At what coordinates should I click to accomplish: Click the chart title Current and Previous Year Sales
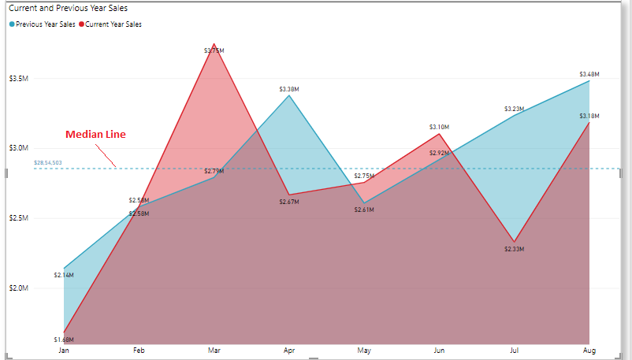(69, 8)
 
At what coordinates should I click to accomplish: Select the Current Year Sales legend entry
(113, 24)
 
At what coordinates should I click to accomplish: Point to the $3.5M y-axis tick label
(19, 79)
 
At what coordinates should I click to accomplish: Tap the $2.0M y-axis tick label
(19, 288)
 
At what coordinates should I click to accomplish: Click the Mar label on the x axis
(214, 350)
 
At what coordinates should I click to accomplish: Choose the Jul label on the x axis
(514, 350)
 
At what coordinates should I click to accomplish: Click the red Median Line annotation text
(95, 135)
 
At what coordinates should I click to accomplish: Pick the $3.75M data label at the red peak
(214, 50)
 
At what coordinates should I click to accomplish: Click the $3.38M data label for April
(289, 89)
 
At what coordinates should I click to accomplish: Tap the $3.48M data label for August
(589, 75)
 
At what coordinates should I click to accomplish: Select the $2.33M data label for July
(514, 249)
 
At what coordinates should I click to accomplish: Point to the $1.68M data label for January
(64, 340)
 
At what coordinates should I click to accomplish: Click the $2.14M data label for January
(64, 275)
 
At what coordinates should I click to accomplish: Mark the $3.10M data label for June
(439, 127)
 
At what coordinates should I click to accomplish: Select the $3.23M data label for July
(514, 109)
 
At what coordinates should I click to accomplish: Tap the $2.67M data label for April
(289, 202)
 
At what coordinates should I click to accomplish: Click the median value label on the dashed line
(48, 162)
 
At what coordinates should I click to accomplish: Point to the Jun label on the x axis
(439, 350)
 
